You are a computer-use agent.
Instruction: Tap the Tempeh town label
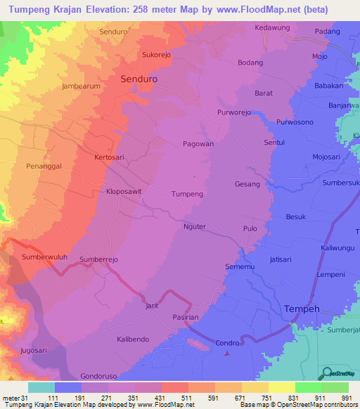click(302, 309)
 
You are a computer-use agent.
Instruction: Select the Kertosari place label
click(109, 158)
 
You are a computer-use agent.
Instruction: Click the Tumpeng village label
click(187, 193)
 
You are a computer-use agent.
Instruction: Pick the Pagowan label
click(198, 143)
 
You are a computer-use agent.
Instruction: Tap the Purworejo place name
click(234, 112)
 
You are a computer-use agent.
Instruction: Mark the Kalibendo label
click(133, 339)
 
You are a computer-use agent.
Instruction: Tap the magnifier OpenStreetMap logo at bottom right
click(326, 373)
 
